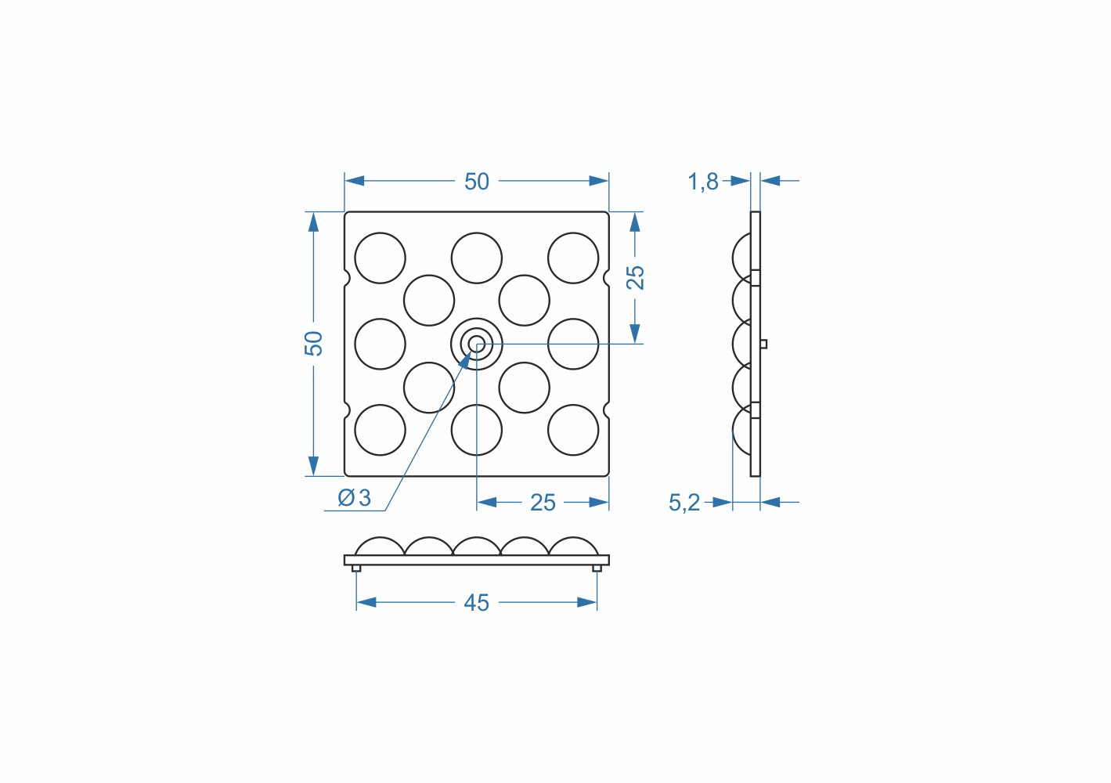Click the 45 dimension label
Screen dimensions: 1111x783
click(476, 603)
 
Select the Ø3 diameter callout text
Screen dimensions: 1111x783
click(354, 498)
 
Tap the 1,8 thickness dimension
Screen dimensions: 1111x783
click(703, 182)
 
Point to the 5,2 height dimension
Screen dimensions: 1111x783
click(684, 503)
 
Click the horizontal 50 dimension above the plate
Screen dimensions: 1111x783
click(477, 182)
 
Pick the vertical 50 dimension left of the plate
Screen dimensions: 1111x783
click(313, 343)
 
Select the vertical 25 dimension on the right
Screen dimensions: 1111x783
click(635, 278)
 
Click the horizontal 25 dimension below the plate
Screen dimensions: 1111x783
click(543, 503)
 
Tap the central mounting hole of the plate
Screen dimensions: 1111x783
click(477, 344)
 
